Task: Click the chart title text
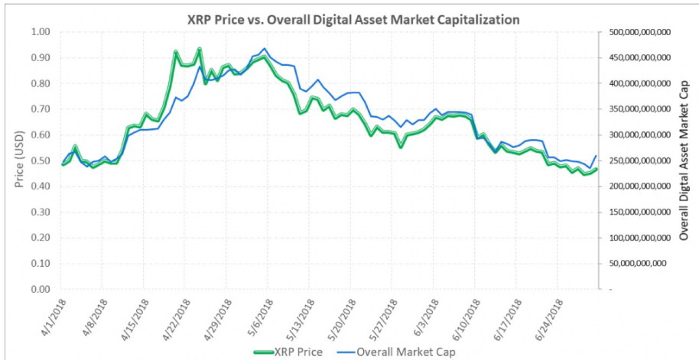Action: point(349,16)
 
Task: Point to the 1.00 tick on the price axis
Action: point(39,32)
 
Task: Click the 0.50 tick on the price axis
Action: point(39,161)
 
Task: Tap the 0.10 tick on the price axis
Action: point(39,264)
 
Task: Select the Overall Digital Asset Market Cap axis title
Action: point(684,161)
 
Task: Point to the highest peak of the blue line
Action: point(265,48)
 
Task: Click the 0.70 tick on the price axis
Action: point(39,109)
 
